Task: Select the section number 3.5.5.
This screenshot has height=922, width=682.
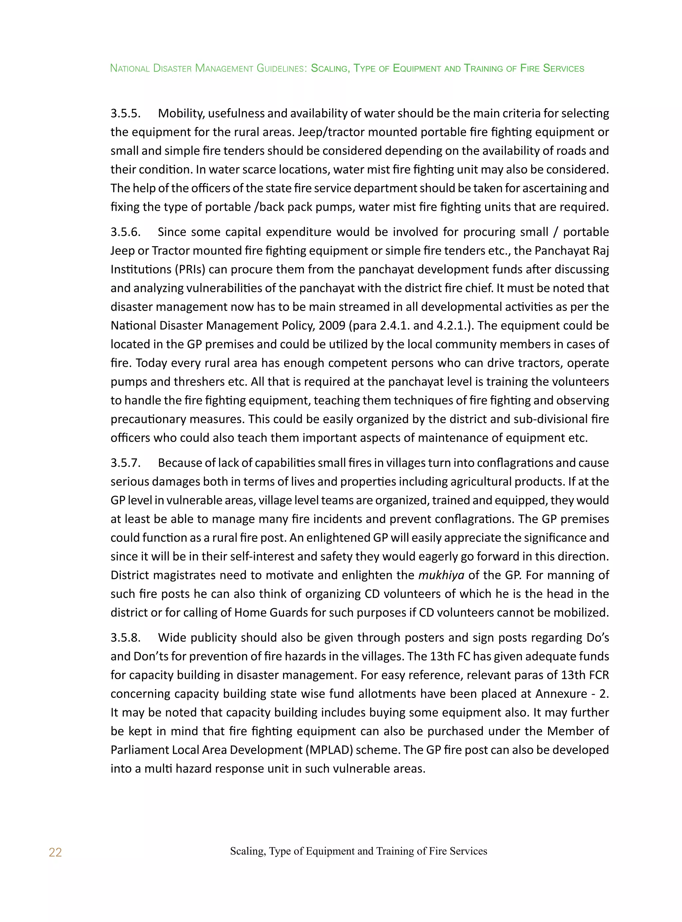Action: coord(126,113)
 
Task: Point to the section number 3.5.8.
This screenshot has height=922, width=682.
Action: coord(126,637)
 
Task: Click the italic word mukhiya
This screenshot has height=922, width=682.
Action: coord(441,575)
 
